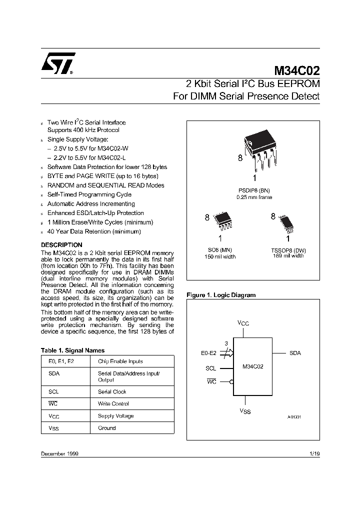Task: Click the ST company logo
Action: pos(57,63)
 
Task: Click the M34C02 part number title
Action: pos(296,70)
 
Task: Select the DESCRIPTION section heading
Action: pos(61,245)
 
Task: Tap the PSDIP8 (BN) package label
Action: pos(254,190)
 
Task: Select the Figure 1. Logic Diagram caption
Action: pos(220,295)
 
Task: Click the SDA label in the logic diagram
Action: pos(295,353)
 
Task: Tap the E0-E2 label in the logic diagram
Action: pos(209,353)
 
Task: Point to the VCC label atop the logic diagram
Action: pos(243,323)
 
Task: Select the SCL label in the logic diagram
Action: pos(211,368)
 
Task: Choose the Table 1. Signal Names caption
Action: pos(72,350)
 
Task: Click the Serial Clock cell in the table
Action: pos(112,392)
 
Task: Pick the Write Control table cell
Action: pos(113,404)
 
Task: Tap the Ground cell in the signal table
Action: pos(106,428)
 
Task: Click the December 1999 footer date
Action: pos(59,453)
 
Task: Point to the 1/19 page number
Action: pos(314,453)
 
